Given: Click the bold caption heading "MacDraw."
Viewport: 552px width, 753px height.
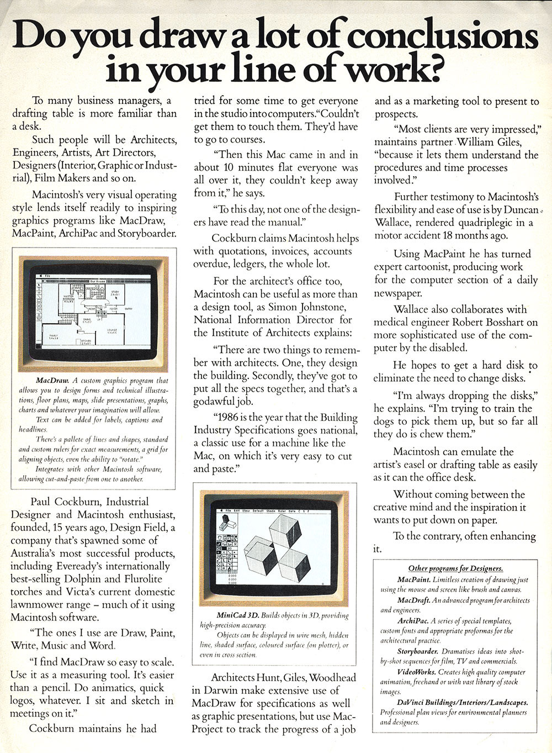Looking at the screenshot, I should pyautogui.click(x=52, y=381).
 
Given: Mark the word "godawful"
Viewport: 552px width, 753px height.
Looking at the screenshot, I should pyautogui.click(x=219, y=399).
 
